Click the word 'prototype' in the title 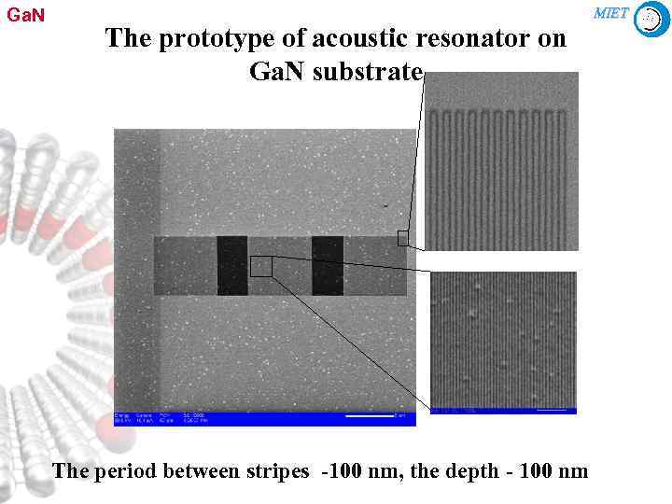(198, 39)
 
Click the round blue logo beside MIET (651, 19)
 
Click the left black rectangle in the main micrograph (231, 266)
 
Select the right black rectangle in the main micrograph (328, 266)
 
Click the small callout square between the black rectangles (261, 266)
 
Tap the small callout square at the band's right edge (403, 238)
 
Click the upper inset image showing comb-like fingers (501, 161)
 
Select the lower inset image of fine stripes (503, 338)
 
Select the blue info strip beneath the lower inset (503, 411)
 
